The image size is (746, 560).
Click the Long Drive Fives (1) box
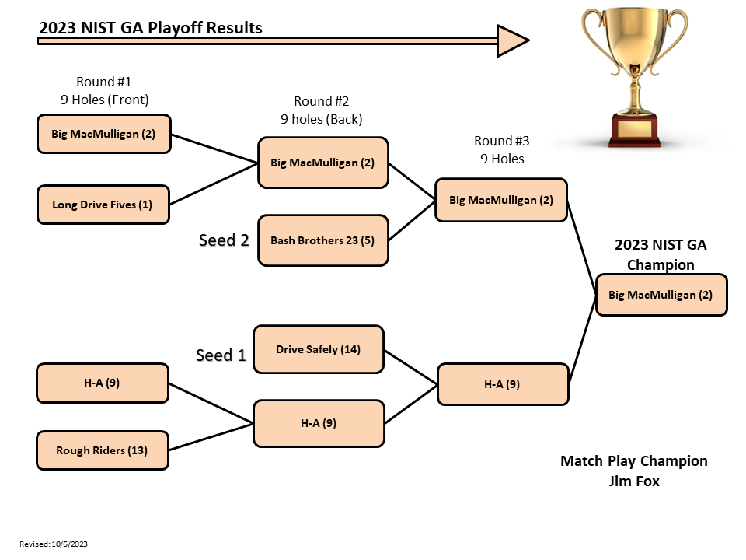(x=103, y=205)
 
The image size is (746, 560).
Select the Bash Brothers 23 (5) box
(x=322, y=240)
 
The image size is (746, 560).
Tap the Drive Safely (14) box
(x=318, y=349)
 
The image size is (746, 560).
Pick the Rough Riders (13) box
(x=103, y=450)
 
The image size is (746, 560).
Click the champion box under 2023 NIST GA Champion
(x=661, y=295)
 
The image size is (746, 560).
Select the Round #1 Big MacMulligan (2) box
(x=103, y=133)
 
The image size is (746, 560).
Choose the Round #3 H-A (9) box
(x=502, y=383)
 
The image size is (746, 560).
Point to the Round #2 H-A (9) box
(x=319, y=423)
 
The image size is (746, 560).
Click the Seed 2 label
(x=224, y=240)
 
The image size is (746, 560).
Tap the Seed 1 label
(x=221, y=355)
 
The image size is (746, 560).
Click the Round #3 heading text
(x=501, y=141)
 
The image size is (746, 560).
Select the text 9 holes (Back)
(x=322, y=119)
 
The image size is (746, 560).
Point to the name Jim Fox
(x=634, y=481)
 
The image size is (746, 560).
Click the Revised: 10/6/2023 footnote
(x=54, y=544)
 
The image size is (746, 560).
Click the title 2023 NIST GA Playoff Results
(x=151, y=28)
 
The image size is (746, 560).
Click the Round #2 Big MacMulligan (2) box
(x=322, y=163)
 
